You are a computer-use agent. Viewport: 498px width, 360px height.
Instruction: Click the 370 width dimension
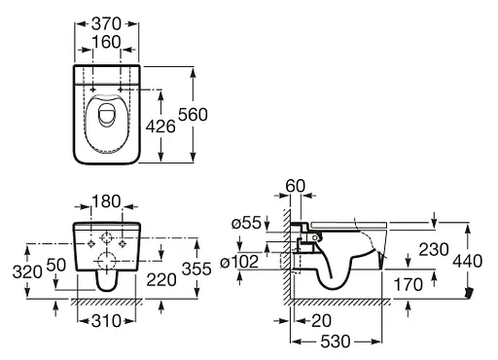coord(106,23)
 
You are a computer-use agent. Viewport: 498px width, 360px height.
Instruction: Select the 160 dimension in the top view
coord(106,42)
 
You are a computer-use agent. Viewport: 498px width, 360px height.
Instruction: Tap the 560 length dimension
coord(193,115)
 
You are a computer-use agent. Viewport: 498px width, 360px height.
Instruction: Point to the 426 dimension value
coord(160,126)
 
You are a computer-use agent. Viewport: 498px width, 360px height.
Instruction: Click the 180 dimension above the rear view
coord(106,201)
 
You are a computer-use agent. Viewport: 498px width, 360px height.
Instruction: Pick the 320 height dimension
coord(27,271)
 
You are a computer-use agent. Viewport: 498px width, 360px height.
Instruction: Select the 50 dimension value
coord(56,265)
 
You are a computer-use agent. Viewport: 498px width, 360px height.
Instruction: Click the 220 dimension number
coord(161,279)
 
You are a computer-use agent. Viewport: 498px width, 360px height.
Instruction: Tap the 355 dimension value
coord(196,269)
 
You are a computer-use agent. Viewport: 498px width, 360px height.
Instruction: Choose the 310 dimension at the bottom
coord(106,321)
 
